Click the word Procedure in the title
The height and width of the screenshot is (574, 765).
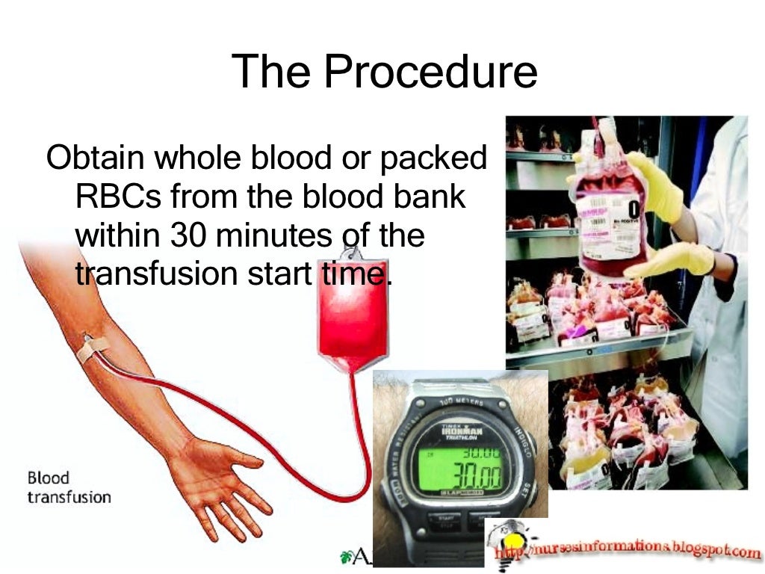[x=430, y=72]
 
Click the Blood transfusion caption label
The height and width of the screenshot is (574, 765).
[x=68, y=487]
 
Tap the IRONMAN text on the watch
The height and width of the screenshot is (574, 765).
[x=464, y=431]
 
